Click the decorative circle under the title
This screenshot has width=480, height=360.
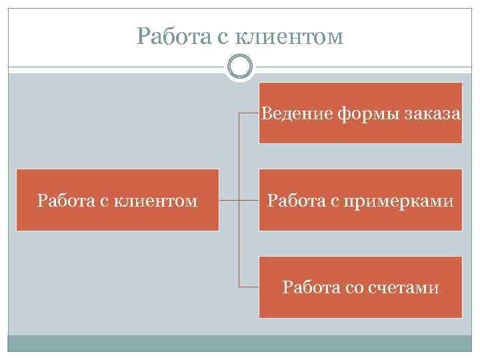click(239, 67)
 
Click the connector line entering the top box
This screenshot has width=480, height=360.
click(249, 113)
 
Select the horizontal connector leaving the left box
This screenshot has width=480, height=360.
click(229, 200)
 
